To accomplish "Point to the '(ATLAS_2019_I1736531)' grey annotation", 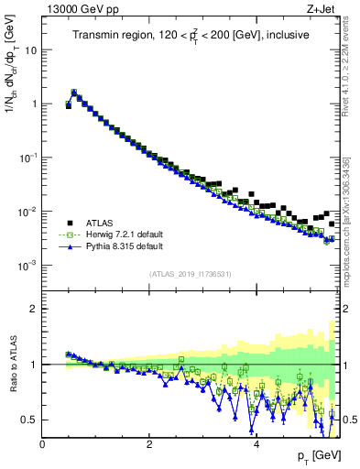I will tap(191, 274).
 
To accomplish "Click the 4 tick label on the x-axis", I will tap(256, 444).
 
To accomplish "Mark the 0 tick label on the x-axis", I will tap(42, 444).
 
